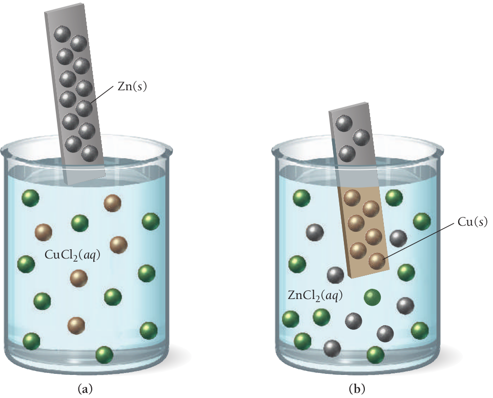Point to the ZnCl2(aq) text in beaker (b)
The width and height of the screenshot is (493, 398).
316,295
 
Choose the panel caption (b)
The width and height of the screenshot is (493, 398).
357,388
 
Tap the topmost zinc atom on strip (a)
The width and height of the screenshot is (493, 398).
63,34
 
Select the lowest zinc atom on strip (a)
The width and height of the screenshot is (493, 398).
90,153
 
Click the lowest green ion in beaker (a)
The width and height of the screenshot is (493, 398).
104,354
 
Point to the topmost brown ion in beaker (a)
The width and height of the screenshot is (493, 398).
112,203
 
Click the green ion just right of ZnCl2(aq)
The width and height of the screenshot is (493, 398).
373,297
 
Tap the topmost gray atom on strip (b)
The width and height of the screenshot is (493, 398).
343,123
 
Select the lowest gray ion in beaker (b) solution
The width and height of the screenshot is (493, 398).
332,348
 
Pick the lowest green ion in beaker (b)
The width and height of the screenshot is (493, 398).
376,353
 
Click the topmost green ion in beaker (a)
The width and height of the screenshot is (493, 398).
31,197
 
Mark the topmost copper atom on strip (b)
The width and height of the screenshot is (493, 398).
352,197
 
